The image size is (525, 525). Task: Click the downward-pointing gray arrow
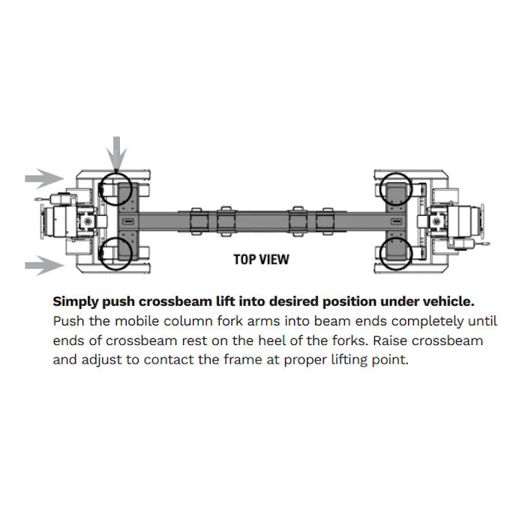pos(116,154)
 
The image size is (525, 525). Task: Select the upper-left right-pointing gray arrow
pos(44,178)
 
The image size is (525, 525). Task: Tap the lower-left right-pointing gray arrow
pos(44,265)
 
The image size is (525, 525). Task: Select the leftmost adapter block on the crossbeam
pos(199,221)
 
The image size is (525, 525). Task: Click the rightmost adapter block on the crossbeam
pos(325,221)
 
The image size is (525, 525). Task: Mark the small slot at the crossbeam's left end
pos(128,221)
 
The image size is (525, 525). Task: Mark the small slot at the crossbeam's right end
pos(396,221)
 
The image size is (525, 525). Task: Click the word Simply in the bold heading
pos(76,302)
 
